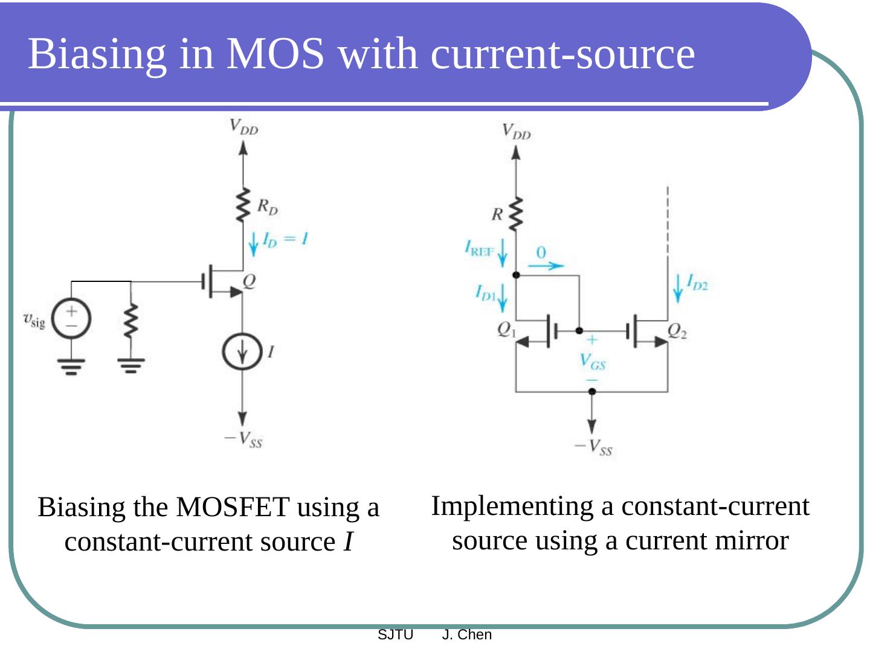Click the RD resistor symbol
pos(243,205)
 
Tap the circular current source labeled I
pos(242,352)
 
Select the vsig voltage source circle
pos(71,319)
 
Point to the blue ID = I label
pos(285,239)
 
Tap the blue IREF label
pos(479,248)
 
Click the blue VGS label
pos(592,361)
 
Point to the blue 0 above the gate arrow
pos(541,252)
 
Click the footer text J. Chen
pos(466,635)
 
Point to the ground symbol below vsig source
pos(71,366)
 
